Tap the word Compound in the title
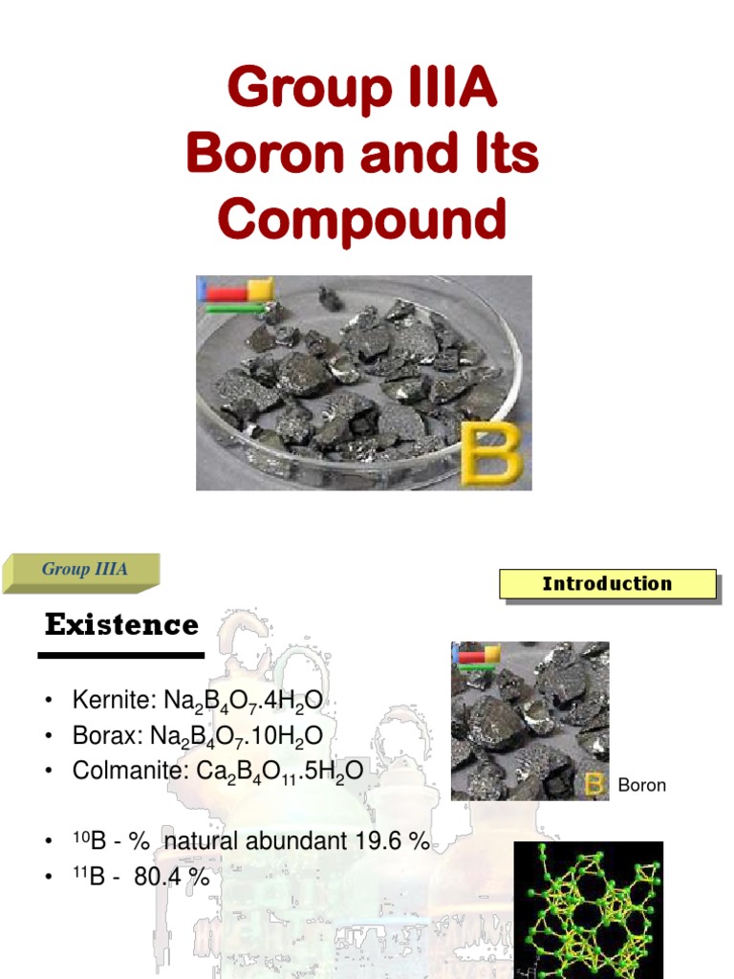[x=361, y=220]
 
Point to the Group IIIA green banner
[x=84, y=571]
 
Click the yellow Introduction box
[x=607, y=584]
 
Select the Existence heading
[x=121, y=625]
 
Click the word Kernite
[x=105, y=703]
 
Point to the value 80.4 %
[x=171, y=877]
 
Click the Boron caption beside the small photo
[x=641, y=786]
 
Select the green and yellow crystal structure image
[x=588, y=908]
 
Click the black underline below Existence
[x=121, y=656]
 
